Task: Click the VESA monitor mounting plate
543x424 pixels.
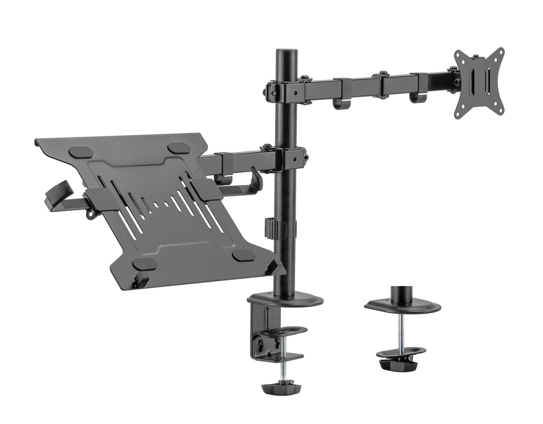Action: click(479, 82)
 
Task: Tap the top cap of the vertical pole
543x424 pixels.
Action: click(284, 53)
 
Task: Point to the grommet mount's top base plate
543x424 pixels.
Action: click(402, 306)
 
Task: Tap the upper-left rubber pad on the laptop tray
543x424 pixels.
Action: click(81, 153)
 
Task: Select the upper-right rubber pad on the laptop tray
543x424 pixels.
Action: click(179, 148)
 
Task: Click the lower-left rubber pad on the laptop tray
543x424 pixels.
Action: click(145, 263)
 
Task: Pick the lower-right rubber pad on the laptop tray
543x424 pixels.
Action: click(243, 255)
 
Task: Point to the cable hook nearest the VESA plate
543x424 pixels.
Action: click(418, 97)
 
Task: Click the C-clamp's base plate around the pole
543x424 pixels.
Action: click(285, 300)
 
